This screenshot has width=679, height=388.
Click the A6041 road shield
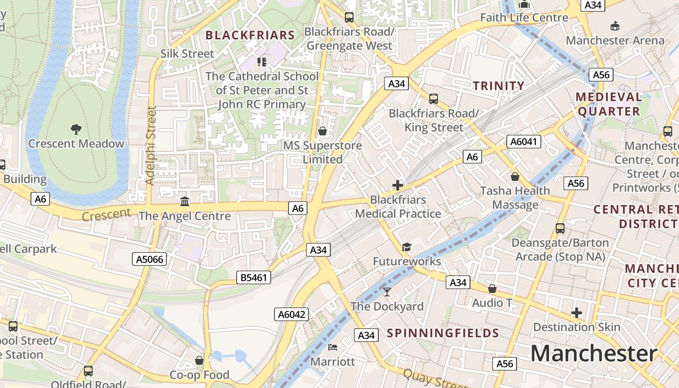pos(524,142)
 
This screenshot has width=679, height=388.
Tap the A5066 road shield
pos(149,259)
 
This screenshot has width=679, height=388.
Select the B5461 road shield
pos(254,277)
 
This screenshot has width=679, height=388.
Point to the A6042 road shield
pos(291,314)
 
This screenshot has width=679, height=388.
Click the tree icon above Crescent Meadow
pos(76,129)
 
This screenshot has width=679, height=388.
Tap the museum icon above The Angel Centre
pos(185,201)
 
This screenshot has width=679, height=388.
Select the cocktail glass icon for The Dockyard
pos(387,291)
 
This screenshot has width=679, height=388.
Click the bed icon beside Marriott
pos(333,347)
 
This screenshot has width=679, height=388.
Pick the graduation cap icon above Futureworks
pos(406,247)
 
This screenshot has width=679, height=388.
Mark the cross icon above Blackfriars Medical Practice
pos(398,185)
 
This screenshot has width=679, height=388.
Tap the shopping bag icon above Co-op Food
pos(199,360)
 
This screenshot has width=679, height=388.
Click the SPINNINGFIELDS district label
pos(443,333)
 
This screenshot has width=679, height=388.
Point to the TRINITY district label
pos(499,86)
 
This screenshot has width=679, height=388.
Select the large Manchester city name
pos(594,353)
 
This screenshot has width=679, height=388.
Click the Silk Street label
pos(187,53)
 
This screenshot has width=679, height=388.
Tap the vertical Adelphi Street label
pos(151,145)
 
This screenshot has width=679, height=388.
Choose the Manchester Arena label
pos(615,40)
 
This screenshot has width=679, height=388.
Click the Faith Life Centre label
pos(524,17)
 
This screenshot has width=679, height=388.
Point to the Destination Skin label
pos(577,327)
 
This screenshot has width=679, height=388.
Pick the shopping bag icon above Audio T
pos(492,289)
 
